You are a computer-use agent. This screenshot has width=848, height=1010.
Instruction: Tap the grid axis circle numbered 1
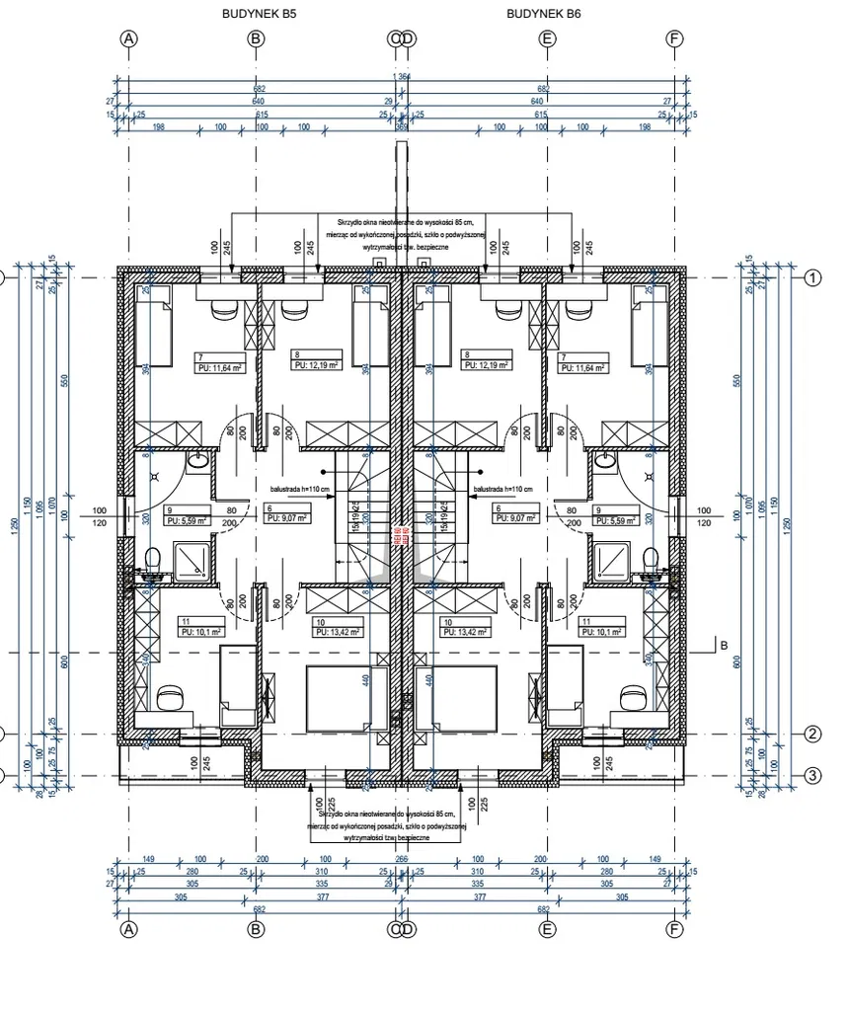tap(812, 278)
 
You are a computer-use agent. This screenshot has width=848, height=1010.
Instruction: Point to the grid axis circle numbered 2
tap(812, 734)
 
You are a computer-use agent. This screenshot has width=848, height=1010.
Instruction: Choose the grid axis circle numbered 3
tap(812, 775)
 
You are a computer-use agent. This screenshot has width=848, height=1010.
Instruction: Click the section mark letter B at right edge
tap(724, 646)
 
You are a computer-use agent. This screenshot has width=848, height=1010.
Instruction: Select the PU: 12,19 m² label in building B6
tap(486, 365)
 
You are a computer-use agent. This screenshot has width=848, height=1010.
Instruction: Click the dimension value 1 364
tap(402, 77)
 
